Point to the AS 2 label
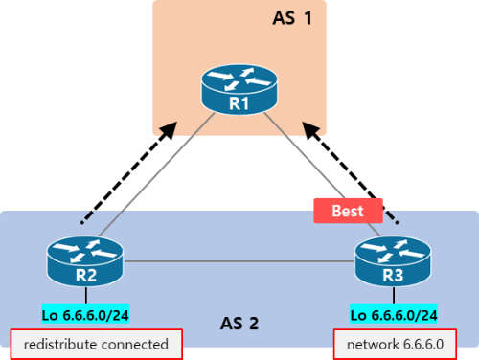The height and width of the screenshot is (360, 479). click(239, 323)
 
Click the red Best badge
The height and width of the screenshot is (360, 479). click(348, 211)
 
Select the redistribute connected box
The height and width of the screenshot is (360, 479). click(95, 343)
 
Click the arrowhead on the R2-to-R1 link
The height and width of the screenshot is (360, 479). click(171, 130)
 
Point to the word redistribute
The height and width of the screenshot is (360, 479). click(65, 343)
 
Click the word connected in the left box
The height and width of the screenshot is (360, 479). click(138, 343)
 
